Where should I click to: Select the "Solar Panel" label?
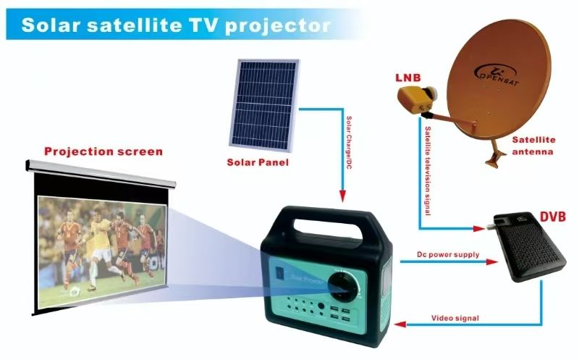(258, 162)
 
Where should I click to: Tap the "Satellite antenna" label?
(533, 145)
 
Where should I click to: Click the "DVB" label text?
(553, 217)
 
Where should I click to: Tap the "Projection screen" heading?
(103, 151)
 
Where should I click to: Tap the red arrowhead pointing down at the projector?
(341, 196)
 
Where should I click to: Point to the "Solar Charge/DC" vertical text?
(349, 142)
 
